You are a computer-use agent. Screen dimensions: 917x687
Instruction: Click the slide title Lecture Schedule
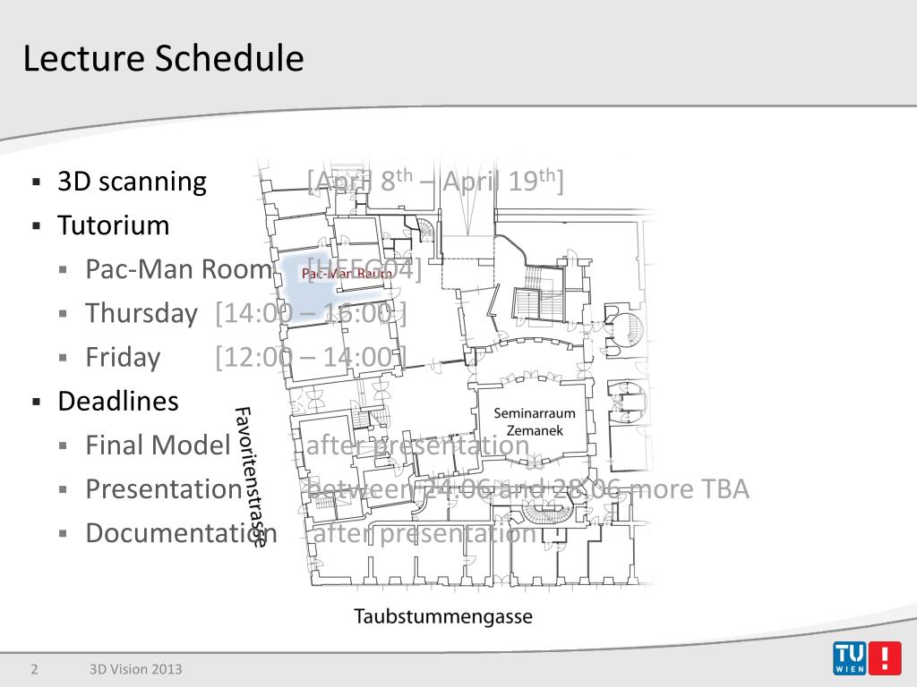click(163, 59)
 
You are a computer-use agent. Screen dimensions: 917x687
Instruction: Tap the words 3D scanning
click(132, 182)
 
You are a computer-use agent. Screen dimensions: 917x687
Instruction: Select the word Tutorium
click(113, 225)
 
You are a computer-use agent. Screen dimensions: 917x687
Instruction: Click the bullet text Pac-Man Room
click(178, 269)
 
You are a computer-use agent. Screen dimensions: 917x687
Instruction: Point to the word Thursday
click(141, 313)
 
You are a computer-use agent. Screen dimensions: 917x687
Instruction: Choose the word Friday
click(123, 357)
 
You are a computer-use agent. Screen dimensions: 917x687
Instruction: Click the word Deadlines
click(118, 401)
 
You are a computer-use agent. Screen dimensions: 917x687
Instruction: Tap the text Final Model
click(159, 445)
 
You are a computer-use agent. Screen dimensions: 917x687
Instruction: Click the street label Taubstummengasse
click(443, 616)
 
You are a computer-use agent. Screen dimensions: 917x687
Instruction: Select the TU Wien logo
click(865, 658)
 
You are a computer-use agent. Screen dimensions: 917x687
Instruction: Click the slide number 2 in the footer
click(34, 669)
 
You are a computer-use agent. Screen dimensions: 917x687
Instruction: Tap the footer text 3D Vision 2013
click(135, 669)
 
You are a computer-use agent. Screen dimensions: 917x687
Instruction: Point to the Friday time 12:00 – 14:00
click(311, 357)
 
